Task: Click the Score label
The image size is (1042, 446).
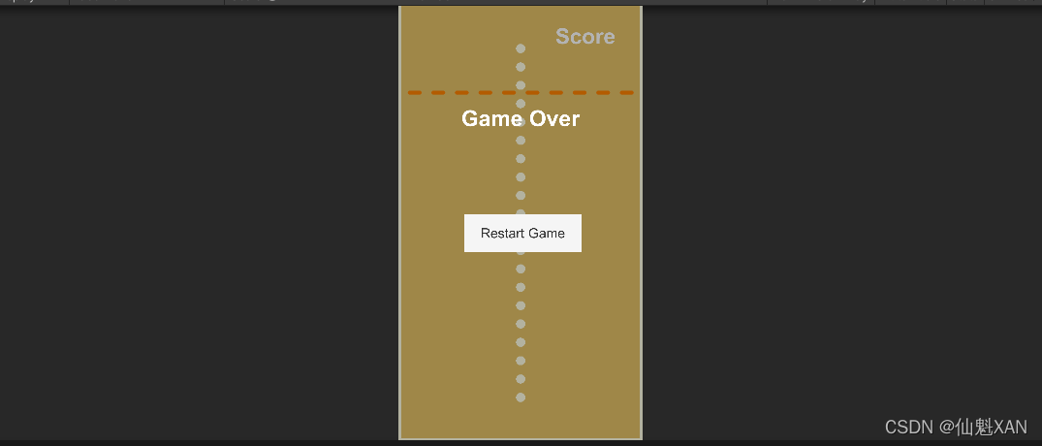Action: pyautogui.click(x=584, y=37)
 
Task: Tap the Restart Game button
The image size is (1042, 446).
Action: pyautogui.click(x=522, y=233)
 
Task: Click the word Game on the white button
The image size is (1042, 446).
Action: pyautogui.click(x=547, y=233)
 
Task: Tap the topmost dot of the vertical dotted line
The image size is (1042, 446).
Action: pyautogui.click(x=521, y=48)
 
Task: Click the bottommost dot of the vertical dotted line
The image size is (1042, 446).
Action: pyautogui.click(x=521, y=398)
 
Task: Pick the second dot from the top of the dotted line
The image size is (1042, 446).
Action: pyautogui.click(x=521, y=67)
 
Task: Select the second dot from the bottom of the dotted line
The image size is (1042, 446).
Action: pyautogui.click(x=521, y=379)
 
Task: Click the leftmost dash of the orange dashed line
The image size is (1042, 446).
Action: pyautogui.click(x=415, y=93)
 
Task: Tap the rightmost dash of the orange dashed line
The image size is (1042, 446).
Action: pyautogui.click(x=626, y=93)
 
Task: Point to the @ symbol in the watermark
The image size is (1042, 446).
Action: pyautogui.click(x=945, y=427)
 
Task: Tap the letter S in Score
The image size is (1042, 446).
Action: pyautogui.click(x=562, y=37)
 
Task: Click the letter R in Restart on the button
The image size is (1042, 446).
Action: pyautogui.click(x=486, y=233)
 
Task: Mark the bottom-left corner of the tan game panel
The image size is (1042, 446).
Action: pyautogui.click(x=400, y=438)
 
